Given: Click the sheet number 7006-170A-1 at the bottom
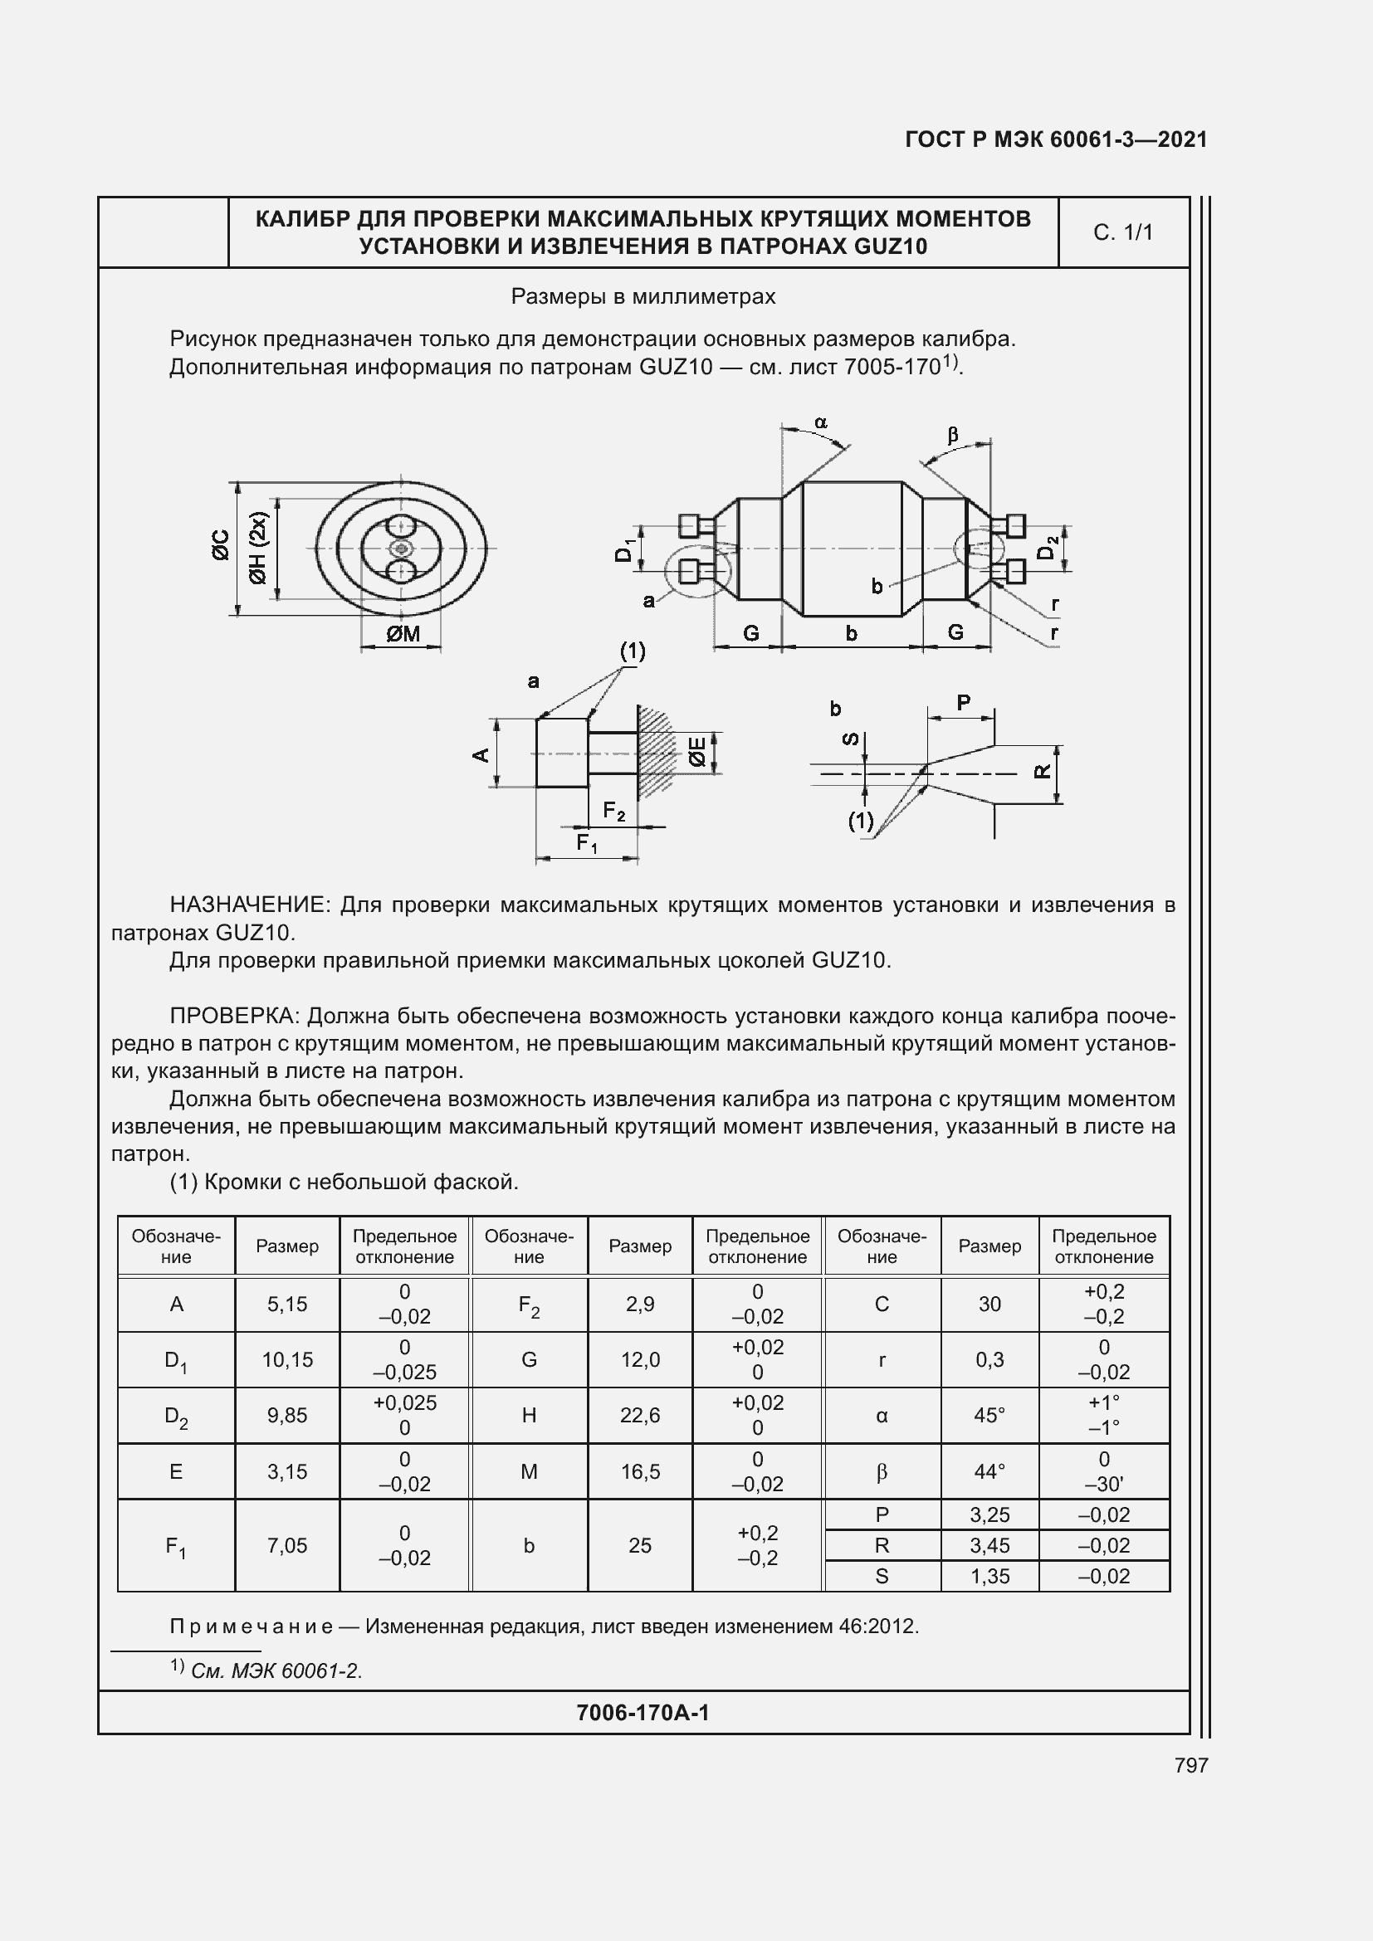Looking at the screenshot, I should coord(643,1712).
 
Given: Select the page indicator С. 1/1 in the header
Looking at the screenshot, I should coord(1123,232).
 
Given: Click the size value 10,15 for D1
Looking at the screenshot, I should coord(287,1359).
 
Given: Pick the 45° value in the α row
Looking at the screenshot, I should coord(989,1415).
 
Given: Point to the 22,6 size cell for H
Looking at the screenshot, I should coord(640,1415).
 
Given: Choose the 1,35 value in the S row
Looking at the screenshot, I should coord(989,1576).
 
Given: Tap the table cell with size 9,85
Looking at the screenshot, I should coord(287,1415).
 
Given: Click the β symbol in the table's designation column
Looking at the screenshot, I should coord(882,1472).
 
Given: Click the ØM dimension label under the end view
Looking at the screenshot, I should coord(403,633).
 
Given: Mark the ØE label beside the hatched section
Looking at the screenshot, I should coord(697,752).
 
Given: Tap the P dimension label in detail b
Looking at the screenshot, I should coord(963,703).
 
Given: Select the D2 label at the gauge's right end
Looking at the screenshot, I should coord(1048,548).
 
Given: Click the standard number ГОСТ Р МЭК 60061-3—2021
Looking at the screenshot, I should coord(1056,139).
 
